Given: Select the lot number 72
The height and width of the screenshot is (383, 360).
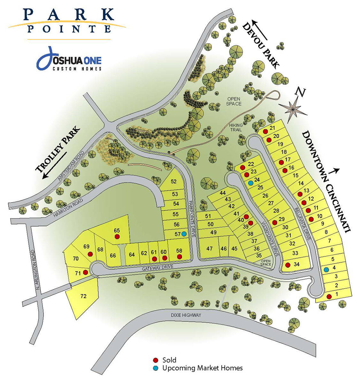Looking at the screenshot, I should click(x=83, y=296).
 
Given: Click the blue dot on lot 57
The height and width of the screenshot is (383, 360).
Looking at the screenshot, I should click(x=184, y=234).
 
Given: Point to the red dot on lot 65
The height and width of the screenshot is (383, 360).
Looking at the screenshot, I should click(x=117, y=237).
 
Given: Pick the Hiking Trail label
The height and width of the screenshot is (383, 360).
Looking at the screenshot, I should click(x=236, y=127).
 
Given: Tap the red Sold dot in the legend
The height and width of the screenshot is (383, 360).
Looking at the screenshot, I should click(x=156, y=360).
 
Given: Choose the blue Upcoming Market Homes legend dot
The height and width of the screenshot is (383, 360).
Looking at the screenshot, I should click(x=156, y=368).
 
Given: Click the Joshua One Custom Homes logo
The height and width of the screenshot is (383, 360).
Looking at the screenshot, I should click(x=69, y=60).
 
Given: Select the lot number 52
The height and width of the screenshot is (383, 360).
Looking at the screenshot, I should click(x=173, y=182).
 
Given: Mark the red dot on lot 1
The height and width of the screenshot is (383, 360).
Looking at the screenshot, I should click(x=329, y=297).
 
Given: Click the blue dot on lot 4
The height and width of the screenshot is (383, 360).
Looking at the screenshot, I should click(x=326, y=270).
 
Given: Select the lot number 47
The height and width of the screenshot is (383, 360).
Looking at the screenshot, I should click(x=210, y=249).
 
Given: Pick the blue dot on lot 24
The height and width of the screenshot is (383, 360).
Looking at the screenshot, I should click(x=251, y=183).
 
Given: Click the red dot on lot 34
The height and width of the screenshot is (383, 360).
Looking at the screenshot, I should click(x=287, y=265).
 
